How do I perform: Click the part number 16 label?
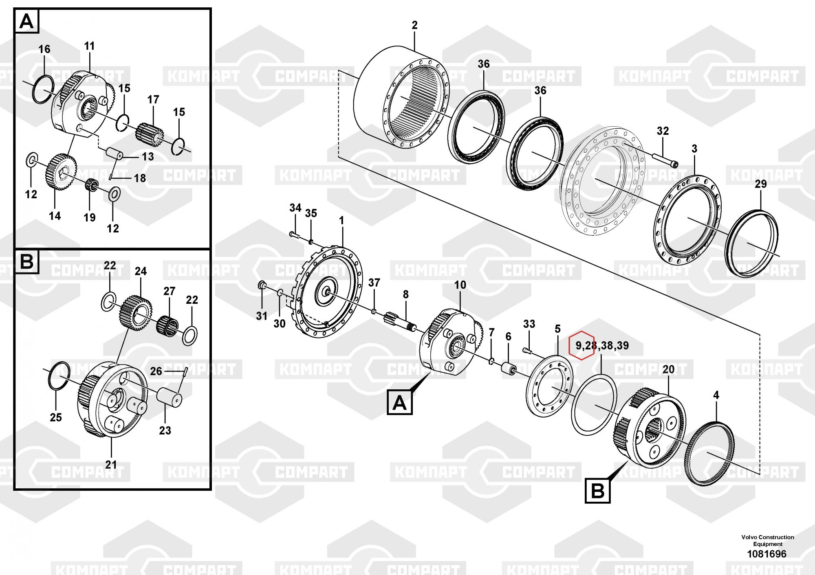pos(44,49)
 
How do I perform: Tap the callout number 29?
pos(760,184)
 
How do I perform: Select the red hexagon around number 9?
pos(582,345)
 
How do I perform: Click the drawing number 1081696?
pos(767,554)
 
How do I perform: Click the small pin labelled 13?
pos(115,155)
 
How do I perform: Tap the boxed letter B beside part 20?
pos(597,491)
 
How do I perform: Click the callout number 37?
pos(374,283)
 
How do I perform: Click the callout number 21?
pos(111,465)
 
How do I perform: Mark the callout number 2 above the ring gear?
pos(414,25)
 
